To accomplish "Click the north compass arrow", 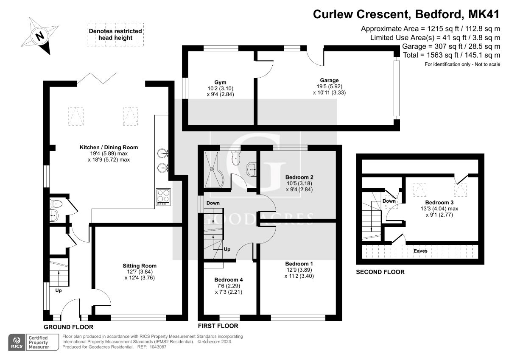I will (x=39, y=36).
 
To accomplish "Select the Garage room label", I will (x=329, y=80).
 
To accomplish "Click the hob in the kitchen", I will (x=163, y=197).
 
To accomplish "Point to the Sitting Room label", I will (x=137, y=266).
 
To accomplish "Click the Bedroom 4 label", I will (x=229, y=280).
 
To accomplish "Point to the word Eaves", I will (x=420, y=251).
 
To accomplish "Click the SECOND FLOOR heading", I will (x=380, y=272).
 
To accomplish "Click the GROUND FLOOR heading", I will (x=68, y=327).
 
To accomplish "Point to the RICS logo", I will (x=18, y=342).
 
